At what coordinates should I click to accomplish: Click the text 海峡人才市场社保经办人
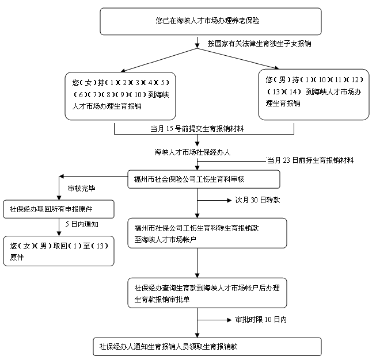(x=192, y=152)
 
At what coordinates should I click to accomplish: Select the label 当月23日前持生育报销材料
(x=310, y=160)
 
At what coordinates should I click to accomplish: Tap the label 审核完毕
(x=82, y=188)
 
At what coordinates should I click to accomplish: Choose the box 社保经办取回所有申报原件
(x=59, y=209)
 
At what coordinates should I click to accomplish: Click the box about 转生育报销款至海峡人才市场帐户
(x=206, y=233)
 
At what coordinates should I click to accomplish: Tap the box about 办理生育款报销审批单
(x=206, y=293)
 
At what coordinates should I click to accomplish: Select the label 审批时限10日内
(x=261, y=319)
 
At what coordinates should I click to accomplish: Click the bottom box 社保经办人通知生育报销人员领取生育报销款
(x=206, y=346)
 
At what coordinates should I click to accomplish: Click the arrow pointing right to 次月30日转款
(x=214, y=201)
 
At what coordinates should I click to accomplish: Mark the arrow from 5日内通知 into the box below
(x=59, y=231)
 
